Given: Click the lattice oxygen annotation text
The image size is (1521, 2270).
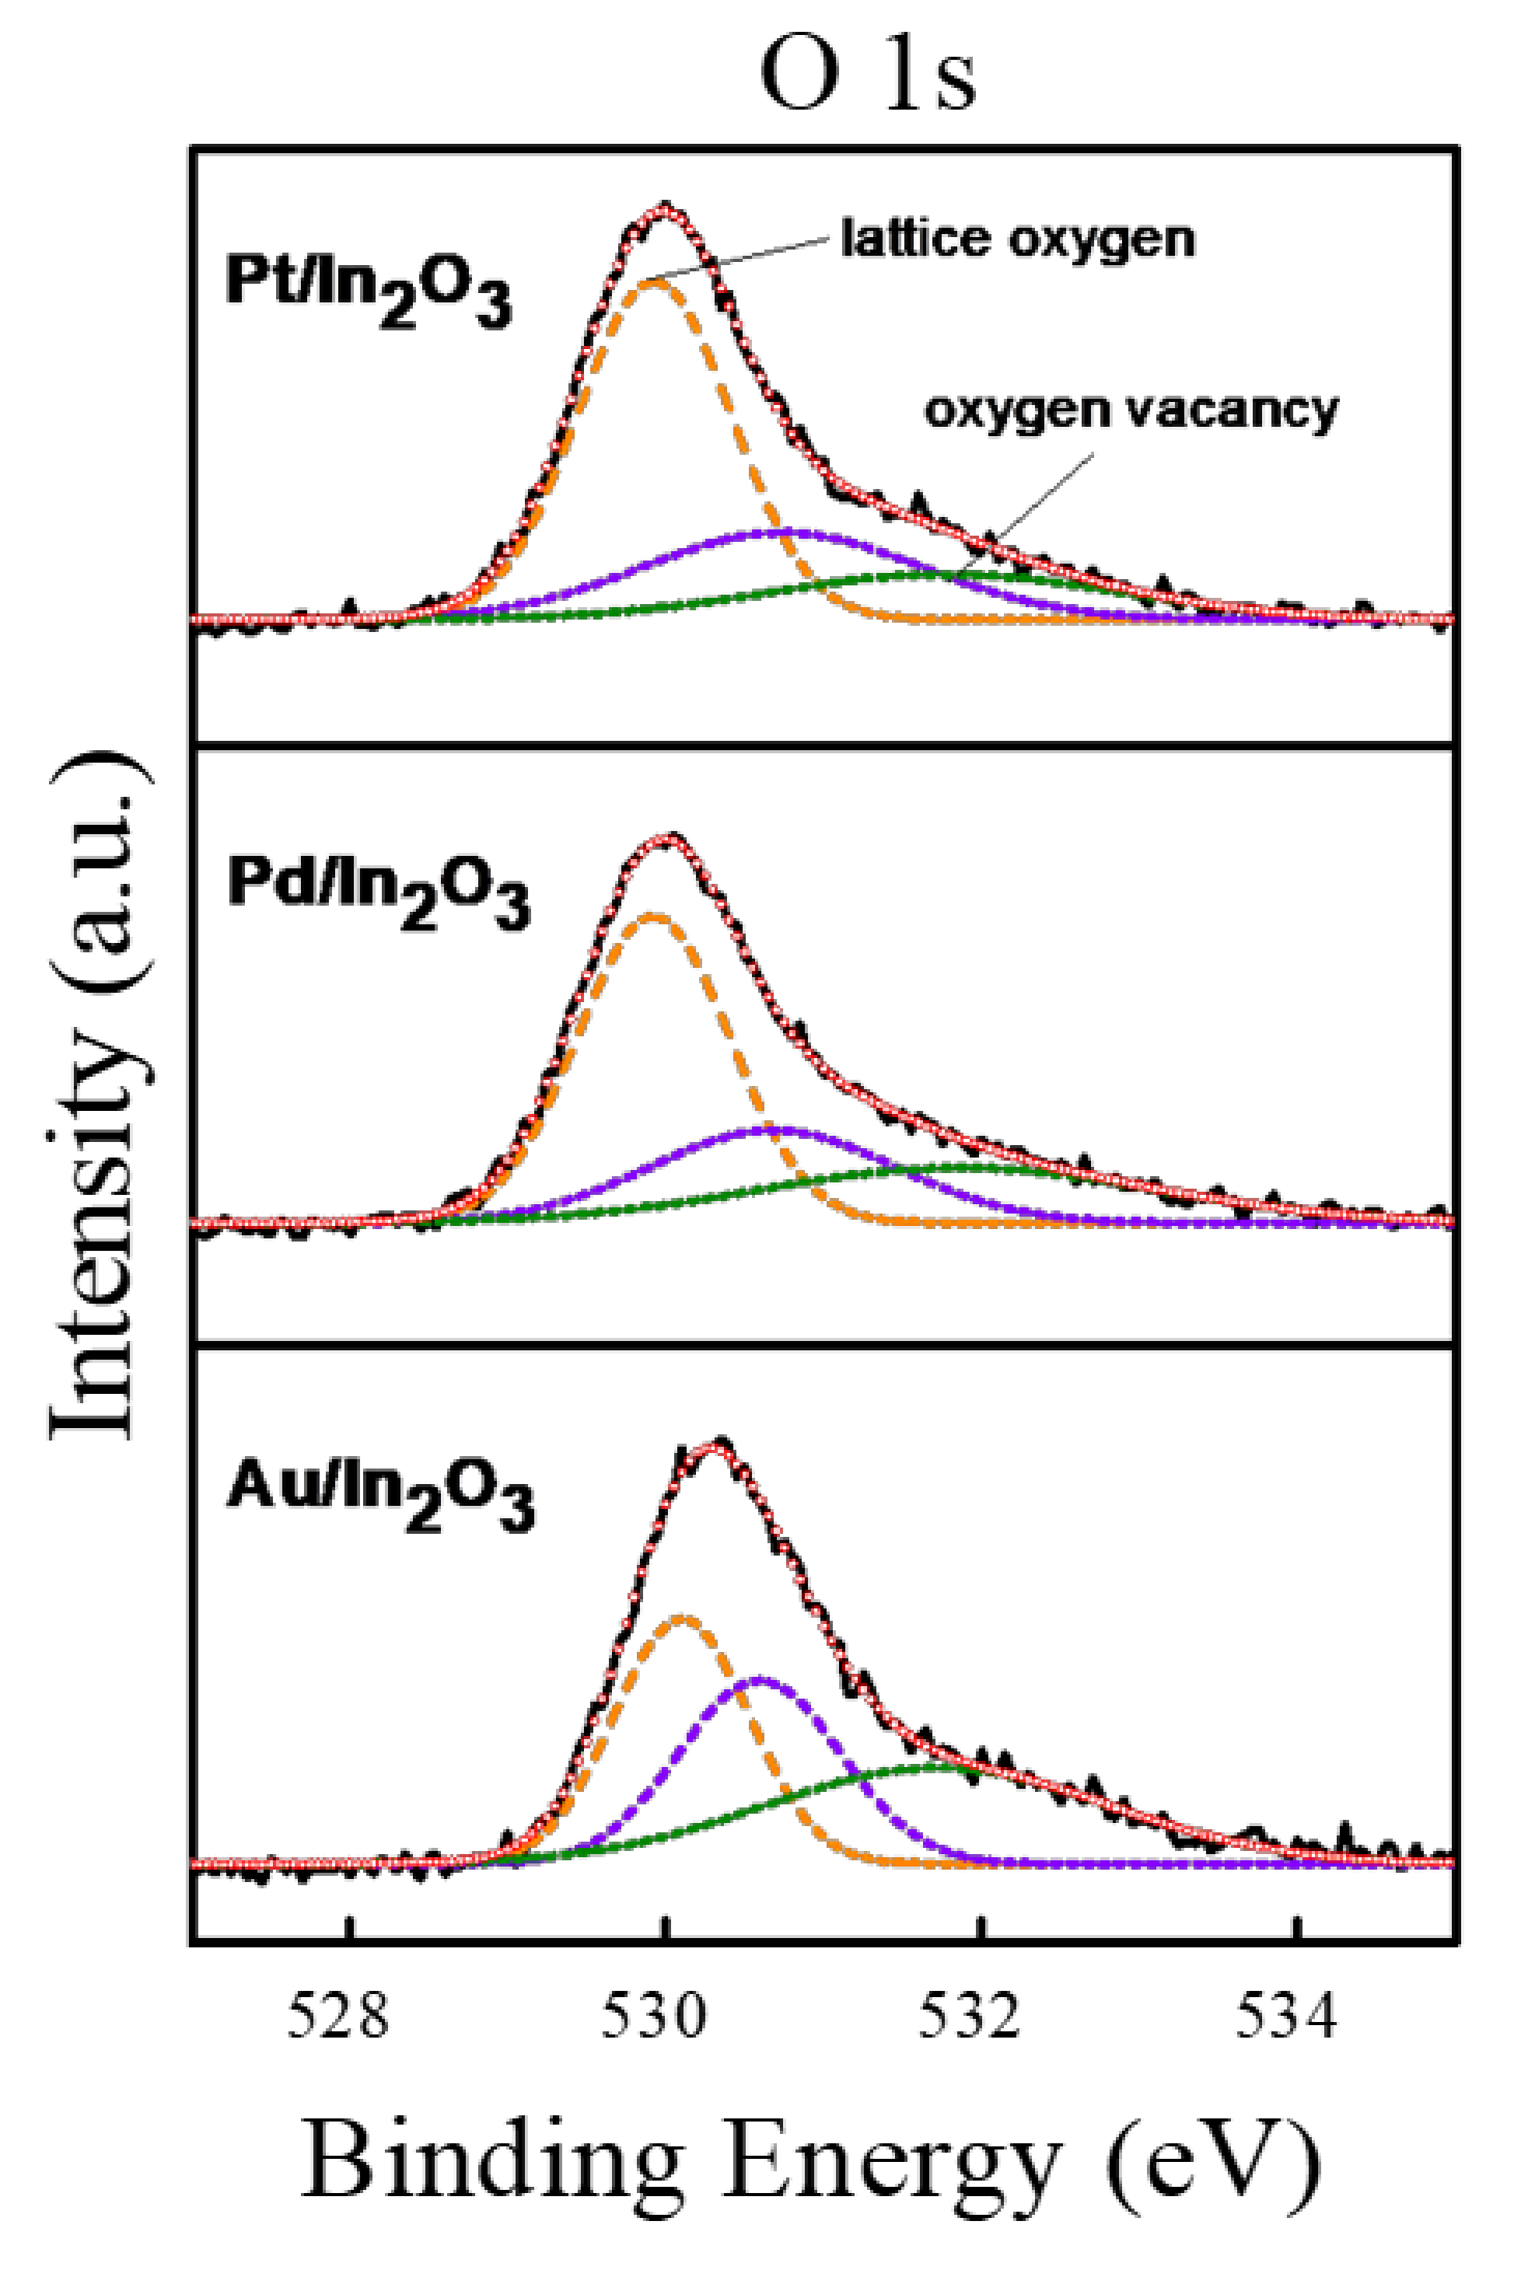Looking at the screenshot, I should click(x=1016, y=239).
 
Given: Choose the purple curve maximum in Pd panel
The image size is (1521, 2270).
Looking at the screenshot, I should click(x=776, y=1129).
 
